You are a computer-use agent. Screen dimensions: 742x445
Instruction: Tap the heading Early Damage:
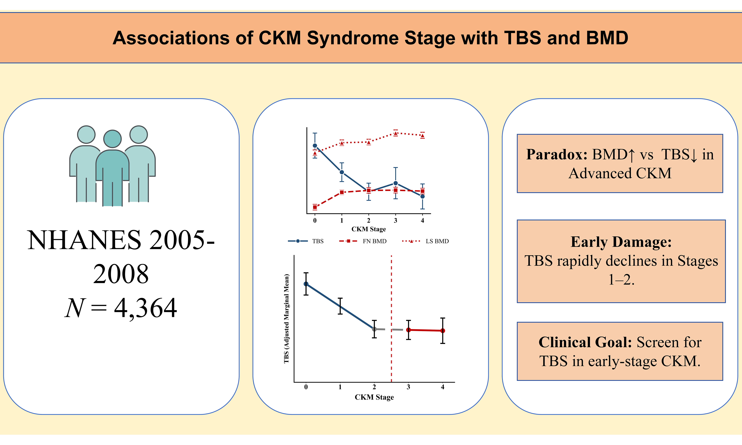pos(621,242)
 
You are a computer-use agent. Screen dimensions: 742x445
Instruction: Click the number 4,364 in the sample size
pos(145,308)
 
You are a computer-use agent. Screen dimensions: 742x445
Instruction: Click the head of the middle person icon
pos(112,139)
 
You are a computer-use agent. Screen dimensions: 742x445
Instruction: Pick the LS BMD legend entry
pos(425,241)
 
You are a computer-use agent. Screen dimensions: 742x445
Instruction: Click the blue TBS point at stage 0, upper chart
pos(315,145)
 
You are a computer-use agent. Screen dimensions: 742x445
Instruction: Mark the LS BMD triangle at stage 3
pos(396,133)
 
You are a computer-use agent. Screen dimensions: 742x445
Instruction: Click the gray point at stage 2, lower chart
pos(374,329)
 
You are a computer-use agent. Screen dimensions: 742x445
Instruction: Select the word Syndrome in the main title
pos(381,38)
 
